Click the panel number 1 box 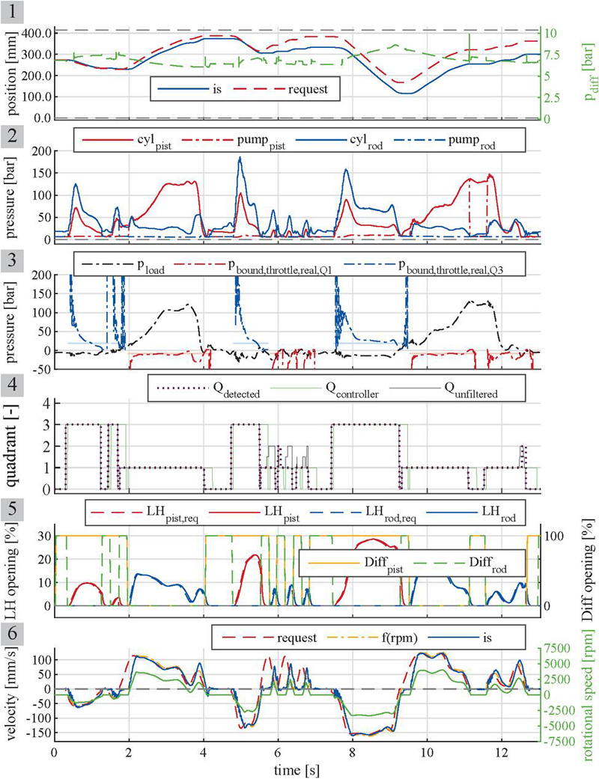(x=12, y=11)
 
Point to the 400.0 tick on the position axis (x=34, y=33)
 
